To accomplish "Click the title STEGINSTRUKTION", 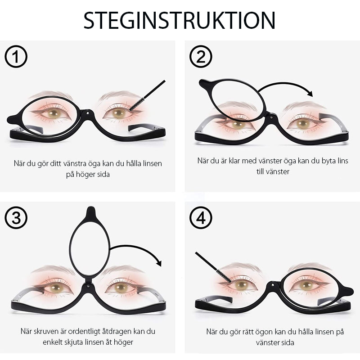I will pyautogui.click(x=180, y=20).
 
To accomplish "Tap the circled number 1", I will pyautogui.click(x=16, y=57).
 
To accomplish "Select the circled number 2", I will pyautogui.click(x=201, y=57).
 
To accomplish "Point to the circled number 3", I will pyautogui.click(x=16, y=218).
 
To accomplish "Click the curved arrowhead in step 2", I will pyautogui.click(x=309, y=93).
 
